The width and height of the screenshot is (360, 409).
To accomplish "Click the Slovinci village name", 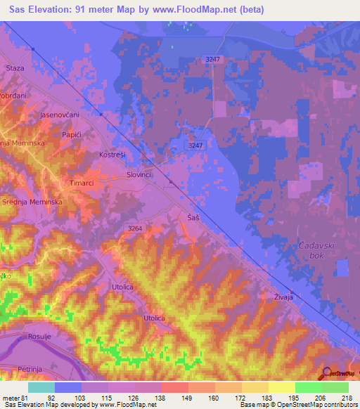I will point(139,174).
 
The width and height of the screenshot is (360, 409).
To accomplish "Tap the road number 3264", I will point(136,228).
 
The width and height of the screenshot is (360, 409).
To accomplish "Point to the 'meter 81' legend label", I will point(15,398).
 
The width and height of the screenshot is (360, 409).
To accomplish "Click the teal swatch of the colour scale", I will point(41,387).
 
